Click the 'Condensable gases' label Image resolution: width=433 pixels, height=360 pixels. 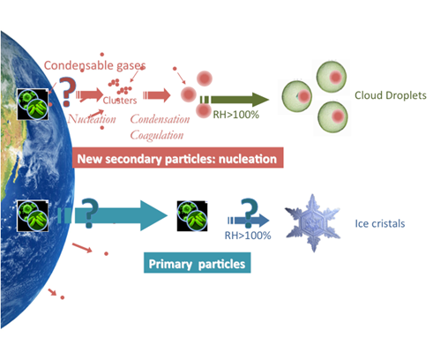point(94,65)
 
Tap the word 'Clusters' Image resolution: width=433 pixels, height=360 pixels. point(120,101)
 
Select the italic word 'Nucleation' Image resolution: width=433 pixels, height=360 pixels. point(92,119)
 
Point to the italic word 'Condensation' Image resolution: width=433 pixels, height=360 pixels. point(160,119)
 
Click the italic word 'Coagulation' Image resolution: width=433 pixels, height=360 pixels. point(157,135)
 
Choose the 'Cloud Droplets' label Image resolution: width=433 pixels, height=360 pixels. point(391,95)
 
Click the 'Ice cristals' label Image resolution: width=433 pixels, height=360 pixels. point(380,223)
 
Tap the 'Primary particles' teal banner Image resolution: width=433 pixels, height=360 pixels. point(197,263)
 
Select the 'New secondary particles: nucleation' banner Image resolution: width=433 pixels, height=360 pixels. point(178,158)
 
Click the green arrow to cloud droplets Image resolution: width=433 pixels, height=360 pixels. point(235,100)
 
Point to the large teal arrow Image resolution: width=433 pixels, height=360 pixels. point(113,215)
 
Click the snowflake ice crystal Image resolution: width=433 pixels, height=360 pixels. point(312,223)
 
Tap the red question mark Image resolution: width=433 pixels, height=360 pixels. point(68,92)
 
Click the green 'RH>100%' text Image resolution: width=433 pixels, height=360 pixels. point(235,115)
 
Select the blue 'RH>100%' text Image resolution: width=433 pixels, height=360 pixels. point(248,236)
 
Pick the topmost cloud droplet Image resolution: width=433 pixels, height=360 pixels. point(332,77)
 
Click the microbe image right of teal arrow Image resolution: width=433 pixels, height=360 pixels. point(192,216)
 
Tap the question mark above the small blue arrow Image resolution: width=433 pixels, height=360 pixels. point(249,213)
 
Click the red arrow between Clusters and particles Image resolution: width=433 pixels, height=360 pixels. point(157,95)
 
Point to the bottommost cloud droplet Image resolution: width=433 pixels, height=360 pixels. point(332,116)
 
